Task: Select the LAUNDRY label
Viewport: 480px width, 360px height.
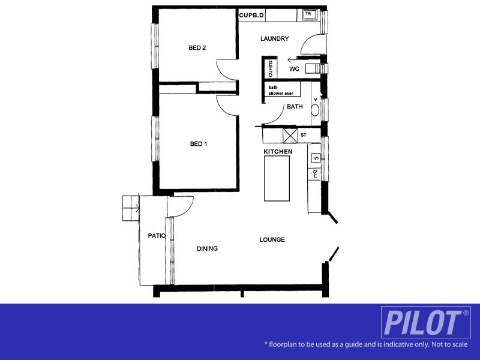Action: point(275,39)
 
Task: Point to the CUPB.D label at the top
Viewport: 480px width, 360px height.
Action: point(251,14)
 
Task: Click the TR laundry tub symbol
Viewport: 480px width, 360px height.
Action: point(309,14)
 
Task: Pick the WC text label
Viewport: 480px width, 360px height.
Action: point(294,70)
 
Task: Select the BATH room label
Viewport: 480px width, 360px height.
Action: point(295,107)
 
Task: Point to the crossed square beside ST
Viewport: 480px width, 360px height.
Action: point(290,136)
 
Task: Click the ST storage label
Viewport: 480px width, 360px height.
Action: point(304,136)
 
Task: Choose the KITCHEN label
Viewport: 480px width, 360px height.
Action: point(278,152)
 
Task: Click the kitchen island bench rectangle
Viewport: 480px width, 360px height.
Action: point(277,179)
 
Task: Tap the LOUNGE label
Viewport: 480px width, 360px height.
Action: point(272,240)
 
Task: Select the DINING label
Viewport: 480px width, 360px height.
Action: point(206,248)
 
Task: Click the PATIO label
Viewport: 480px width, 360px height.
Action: point(157,236)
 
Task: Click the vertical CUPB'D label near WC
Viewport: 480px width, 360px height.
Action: point(271,68)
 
